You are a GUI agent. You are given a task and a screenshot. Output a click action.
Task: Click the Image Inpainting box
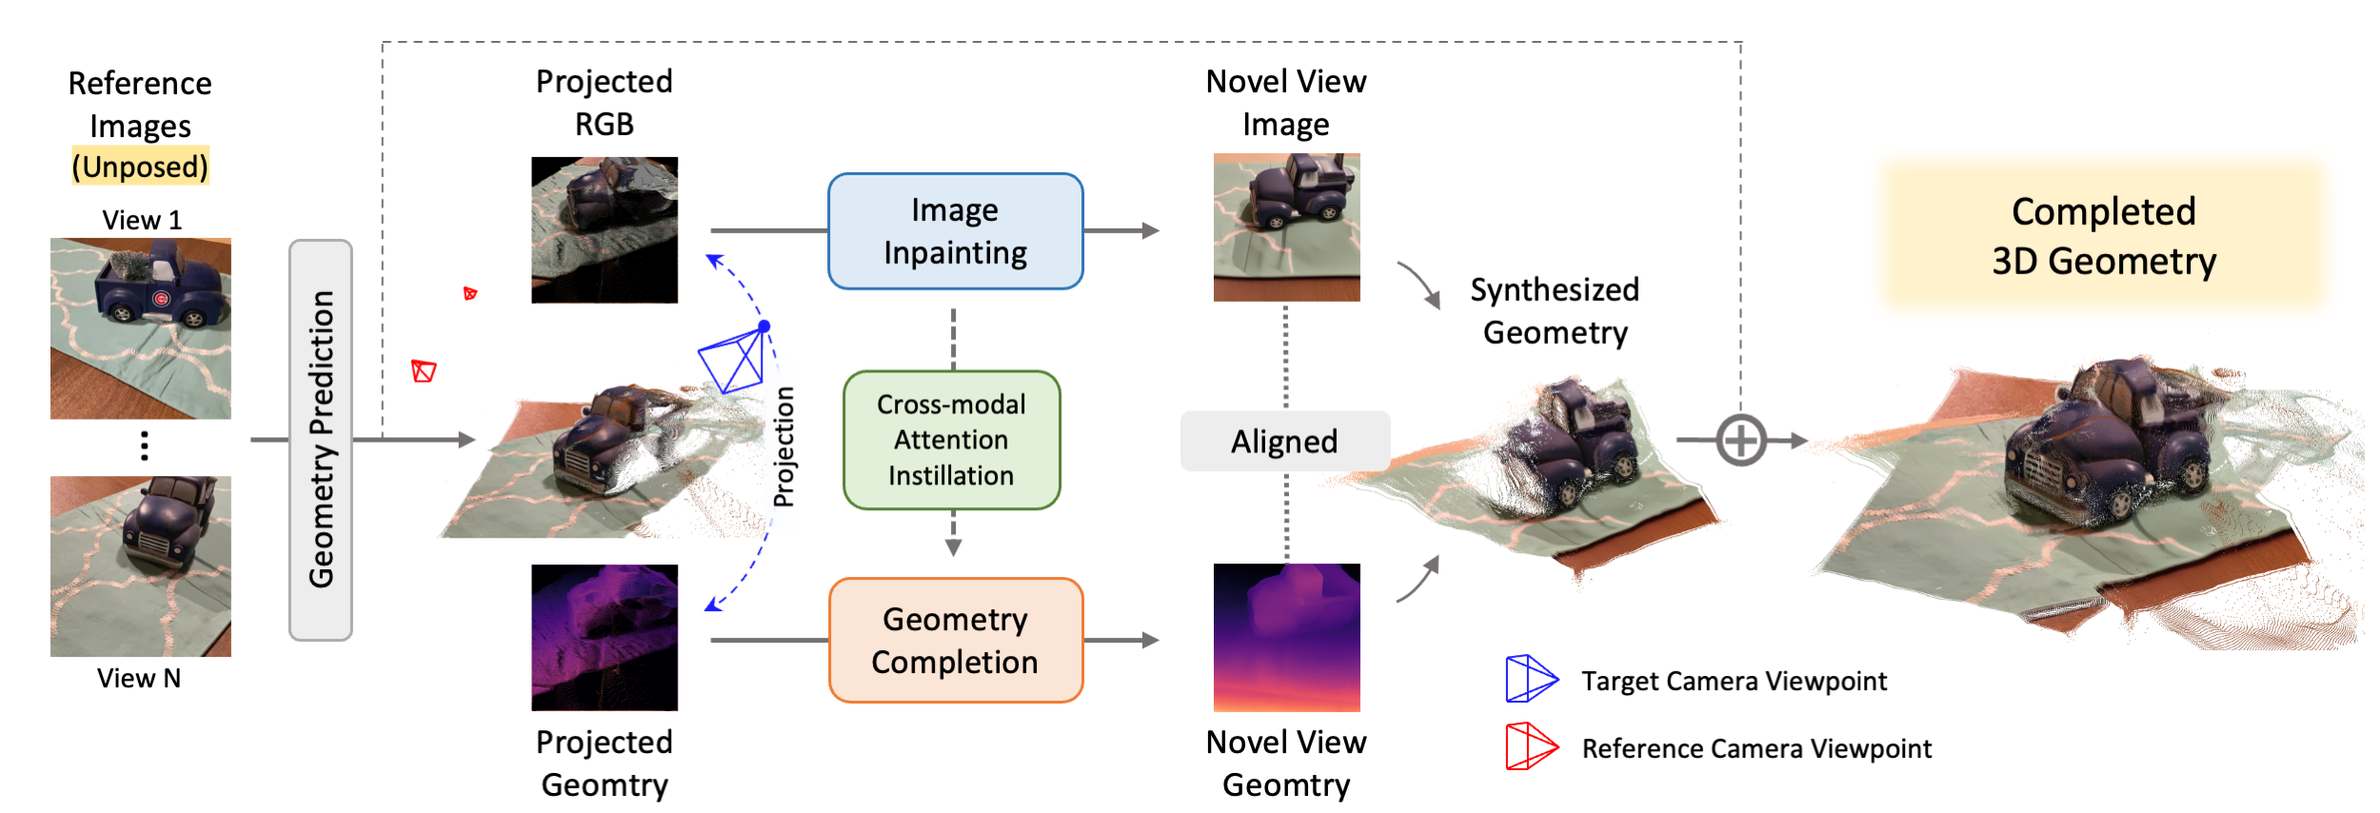click(955, 231)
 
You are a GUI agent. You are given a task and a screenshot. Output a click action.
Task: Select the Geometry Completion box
click(955, 641)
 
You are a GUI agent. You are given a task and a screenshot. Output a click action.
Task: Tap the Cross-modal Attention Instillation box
click(951, 440)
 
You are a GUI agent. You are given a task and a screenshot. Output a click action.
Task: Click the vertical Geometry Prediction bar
click(321, 440)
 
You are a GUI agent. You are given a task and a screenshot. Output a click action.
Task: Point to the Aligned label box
click(1284, 441)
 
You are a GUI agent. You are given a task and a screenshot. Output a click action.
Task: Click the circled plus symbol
click(1741, 441)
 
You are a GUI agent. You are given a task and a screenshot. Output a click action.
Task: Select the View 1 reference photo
click(141, 327)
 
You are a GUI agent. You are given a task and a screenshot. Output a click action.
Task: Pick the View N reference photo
click(141, 566)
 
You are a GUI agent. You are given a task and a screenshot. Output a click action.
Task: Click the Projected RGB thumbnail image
click(605, 230)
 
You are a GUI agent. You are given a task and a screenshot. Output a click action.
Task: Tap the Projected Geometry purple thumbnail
click(605, 638)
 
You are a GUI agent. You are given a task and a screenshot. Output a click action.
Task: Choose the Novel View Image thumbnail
click(1286, 228)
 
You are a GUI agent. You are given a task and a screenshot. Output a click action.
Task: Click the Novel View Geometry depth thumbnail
click(1286, 638)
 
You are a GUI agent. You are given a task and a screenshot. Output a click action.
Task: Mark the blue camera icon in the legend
click(1530, 679)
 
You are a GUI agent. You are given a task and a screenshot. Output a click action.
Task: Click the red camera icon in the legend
click(1530, 746)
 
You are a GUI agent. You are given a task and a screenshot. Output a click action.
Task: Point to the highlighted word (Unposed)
click(140, 167)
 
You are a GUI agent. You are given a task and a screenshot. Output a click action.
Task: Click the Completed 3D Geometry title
click(2103, 236)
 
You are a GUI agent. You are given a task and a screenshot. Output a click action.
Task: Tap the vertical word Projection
click(783, 446)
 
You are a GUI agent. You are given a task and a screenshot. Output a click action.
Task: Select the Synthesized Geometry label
click(1555, 311)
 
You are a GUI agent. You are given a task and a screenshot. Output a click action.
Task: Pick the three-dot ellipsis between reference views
click(145, 446)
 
